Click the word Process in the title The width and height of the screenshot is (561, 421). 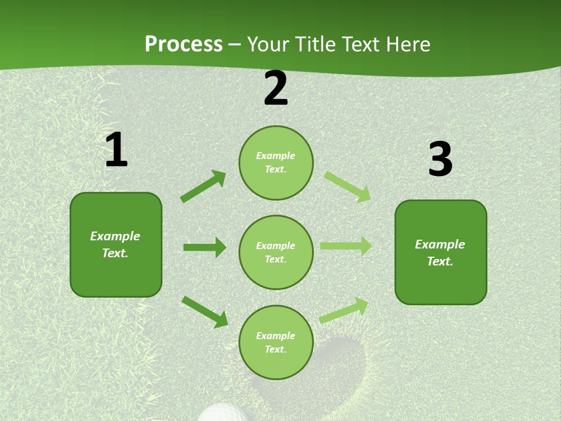[183, 44]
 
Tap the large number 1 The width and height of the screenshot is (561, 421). [116, 150]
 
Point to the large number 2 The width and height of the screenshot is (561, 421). [276, 89]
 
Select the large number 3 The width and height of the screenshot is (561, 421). [440, 160]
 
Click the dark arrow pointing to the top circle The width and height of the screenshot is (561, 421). [203, 187]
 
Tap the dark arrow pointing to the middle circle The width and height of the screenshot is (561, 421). [205, 247]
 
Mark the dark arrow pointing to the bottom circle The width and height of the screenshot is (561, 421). [205, 312]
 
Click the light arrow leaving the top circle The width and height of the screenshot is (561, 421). [348, 187]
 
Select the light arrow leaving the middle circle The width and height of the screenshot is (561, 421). [345, 246]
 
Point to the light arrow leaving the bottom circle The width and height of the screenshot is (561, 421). [344, 310]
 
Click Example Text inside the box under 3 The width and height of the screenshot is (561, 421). [440, 253]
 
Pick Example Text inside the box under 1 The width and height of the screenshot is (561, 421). [115, 244]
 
